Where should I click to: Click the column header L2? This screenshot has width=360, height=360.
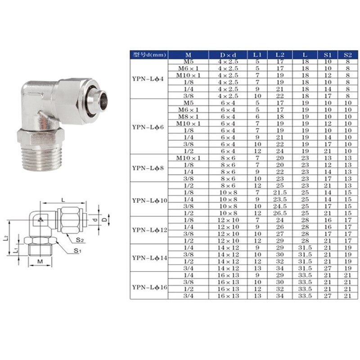[279, 55]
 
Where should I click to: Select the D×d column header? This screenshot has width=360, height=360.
[228, 55]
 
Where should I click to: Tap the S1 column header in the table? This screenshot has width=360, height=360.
[327, 55]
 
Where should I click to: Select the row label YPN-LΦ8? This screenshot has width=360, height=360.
[148, 168]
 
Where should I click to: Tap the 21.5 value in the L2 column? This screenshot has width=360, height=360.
[279, 192]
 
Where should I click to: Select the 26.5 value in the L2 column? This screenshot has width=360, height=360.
[279, 213]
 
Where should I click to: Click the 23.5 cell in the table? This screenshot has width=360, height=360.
[279, 199]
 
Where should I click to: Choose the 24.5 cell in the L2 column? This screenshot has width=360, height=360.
[279, 206]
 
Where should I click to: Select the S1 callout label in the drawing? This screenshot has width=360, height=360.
[77, 250]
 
